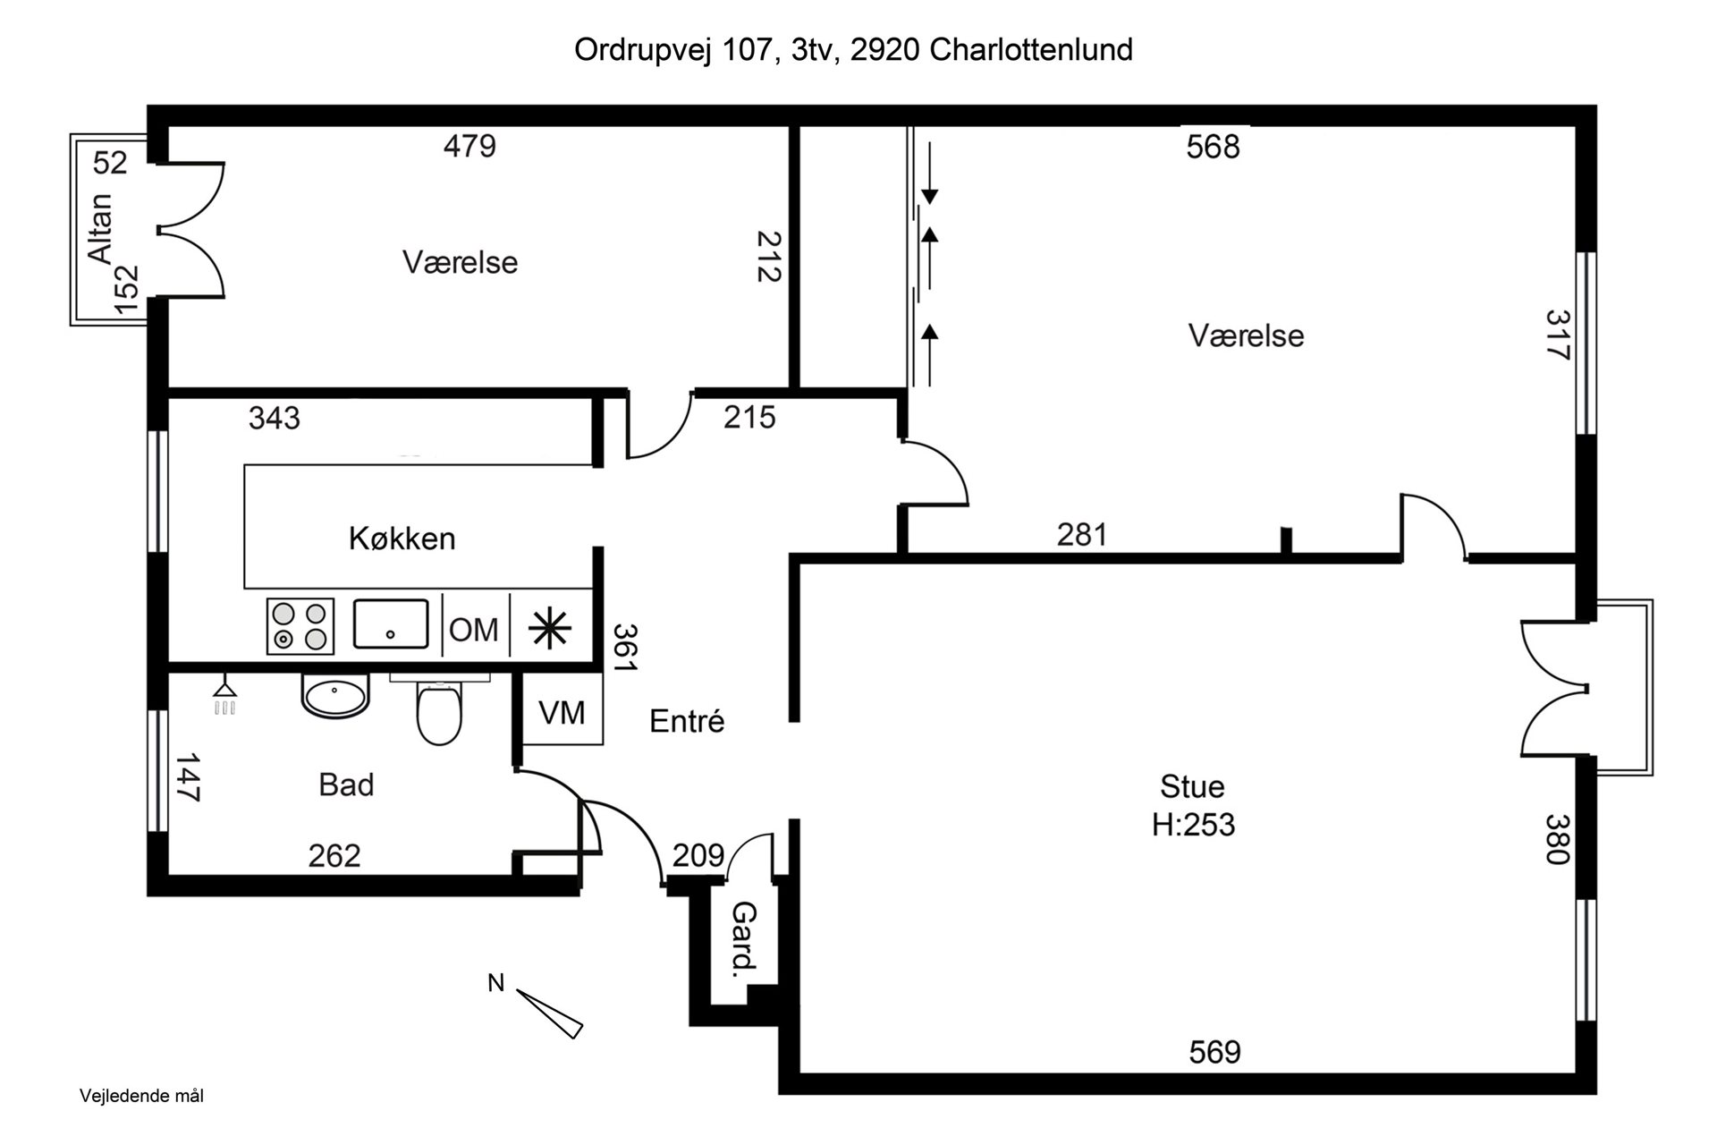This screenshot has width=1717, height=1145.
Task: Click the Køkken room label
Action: (402, 539)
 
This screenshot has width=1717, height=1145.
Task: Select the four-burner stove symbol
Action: (300, 626)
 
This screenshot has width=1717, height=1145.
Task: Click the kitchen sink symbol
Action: (390, 623)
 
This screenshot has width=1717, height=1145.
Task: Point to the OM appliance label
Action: (473, 630)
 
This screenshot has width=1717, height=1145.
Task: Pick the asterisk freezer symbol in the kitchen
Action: (550, 628)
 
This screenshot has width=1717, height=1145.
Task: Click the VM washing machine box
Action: (562, 713)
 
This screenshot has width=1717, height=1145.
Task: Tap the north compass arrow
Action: (549, 1014)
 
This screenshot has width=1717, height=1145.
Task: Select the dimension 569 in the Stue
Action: (1214, 1052)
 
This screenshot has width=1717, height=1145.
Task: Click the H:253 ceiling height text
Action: (1193, 825)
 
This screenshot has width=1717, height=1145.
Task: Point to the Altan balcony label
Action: (101, 228)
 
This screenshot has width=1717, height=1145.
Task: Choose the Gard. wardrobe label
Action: (744, 939)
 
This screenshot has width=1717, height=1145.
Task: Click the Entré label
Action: (687, 721)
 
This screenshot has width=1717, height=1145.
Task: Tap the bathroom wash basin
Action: (335, 695)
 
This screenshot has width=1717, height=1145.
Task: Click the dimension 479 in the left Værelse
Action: (469, 145)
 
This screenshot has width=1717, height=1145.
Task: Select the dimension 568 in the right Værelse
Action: (1213, 147)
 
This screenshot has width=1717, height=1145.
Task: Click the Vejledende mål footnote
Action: (141, 1096)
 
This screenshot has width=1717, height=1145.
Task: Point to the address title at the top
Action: (853, 50)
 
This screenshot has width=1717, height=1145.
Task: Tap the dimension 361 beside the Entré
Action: (625, 648)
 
